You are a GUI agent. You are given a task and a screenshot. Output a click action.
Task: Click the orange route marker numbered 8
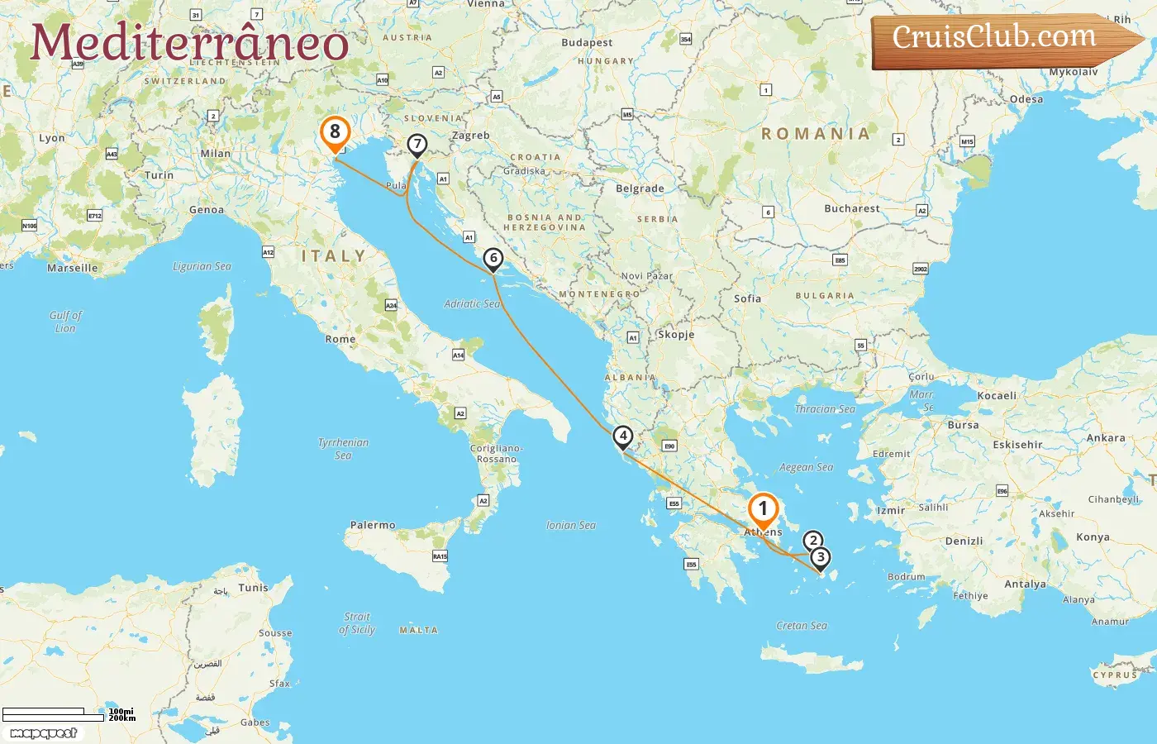click(335, 131)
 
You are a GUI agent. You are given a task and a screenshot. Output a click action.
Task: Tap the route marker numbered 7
click(417, 145)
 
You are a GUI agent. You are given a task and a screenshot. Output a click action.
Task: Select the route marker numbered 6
click(493, 258)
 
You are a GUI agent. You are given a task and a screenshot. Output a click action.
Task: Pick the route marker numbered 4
click(623, 436)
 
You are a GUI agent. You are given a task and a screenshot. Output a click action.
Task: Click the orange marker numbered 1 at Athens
click(763, 508)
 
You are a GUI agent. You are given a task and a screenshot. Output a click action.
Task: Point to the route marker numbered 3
click(820, 557)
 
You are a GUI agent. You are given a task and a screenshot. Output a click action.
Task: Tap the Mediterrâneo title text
click(189, 43)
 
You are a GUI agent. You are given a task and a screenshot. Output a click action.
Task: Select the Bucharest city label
click(851, 208)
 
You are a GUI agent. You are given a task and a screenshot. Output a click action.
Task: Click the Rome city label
click(340, 339)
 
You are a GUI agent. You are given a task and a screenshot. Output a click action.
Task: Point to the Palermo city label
click(373, 525)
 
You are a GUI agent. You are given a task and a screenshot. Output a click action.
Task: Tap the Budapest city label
click(587, 42)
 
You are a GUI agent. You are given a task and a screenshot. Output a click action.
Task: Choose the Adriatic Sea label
click(472, 303)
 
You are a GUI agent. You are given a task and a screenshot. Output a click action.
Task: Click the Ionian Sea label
click(570, 525)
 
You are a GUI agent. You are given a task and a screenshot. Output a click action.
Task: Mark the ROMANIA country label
click(816, 133)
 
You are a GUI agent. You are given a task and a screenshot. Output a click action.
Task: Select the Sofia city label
click(747, 298)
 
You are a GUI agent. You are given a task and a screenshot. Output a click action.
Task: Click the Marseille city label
click(72, 268)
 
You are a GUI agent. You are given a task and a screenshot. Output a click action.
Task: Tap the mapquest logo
click(43, 733)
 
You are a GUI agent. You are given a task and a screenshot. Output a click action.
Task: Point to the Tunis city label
click(253, 588)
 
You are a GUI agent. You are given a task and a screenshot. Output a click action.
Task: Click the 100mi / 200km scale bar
click(66, 714)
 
